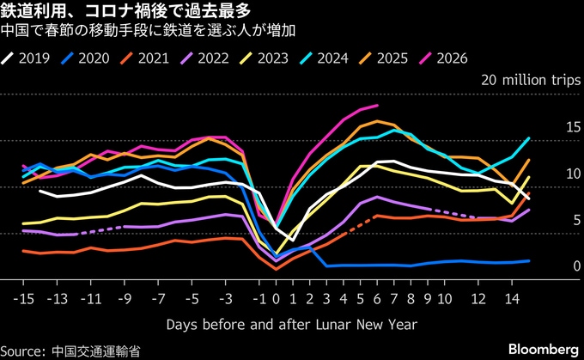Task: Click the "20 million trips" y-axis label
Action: pyautogui.click(x=531, y=81)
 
